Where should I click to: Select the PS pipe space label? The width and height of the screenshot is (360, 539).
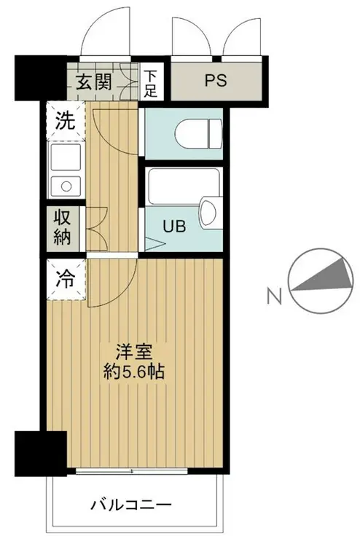[216, 80]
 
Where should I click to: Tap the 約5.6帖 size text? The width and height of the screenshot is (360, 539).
[133, 371]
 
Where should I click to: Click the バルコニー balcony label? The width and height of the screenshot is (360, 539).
[131, 503]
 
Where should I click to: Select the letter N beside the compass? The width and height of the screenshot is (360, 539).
[273, 296]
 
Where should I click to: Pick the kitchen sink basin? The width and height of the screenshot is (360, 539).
[68, 185]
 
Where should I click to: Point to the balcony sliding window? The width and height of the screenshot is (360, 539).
[131, 471]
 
